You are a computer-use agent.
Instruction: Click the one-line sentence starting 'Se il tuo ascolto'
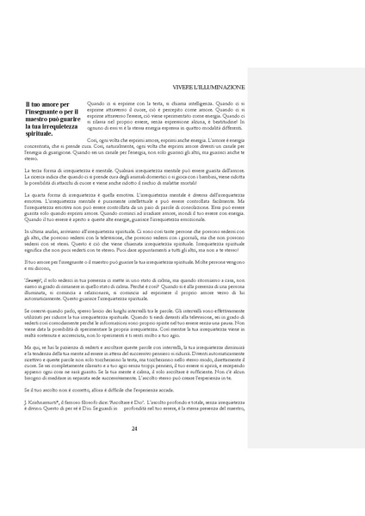(103, 390)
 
